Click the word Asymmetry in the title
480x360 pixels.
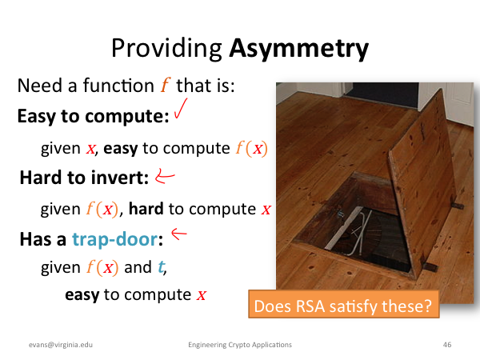click(x=298, y=49)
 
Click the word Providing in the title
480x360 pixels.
click(x=166, y=48)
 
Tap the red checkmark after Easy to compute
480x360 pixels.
click(x=181, y=108)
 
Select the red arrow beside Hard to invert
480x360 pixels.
click(x=165, y=176)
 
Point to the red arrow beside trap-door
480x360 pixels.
click(x=178, y=234)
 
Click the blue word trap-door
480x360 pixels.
click(x=114, y=239)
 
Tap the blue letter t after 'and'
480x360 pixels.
click(x=161, y=266)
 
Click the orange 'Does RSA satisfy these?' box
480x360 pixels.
click(x=344, y=304)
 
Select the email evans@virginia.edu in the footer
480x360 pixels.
click(x=61, y=345)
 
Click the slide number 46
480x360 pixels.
click(x=447, y=345)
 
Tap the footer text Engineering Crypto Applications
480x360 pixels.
click(x=240, y=345)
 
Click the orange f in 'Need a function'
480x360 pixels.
click(x=166, y=85)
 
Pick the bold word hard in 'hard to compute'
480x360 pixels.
click(x=146, y=209)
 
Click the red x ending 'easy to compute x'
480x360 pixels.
click(x=201, y=295)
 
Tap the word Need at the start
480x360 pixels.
click(x=40, y=85)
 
